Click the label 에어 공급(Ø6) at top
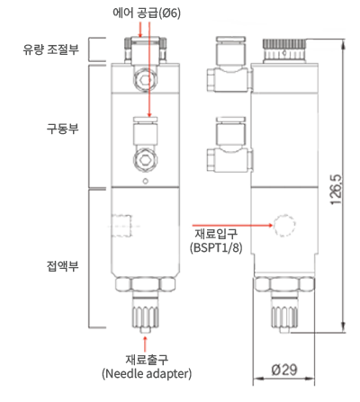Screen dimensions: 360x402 pyautogui.click(x=147, y=13)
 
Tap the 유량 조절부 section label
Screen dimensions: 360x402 pyautogui.click(x=50, y=49)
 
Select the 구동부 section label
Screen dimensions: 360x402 pyautogui.click(x=62, y=129)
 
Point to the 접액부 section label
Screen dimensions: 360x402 pyautogui.click(x=62, y=265)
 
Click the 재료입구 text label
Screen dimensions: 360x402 pyautogui.click(x=216, y=233)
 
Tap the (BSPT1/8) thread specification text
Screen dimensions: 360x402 pyautogui.click(x=216, y=247)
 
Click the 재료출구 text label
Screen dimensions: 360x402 pyautogui.click(x=147, y=360)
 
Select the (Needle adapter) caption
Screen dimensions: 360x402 pyautogui.click(x=147, y=373)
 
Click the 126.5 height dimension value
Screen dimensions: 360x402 pyautogui.click(x=337, y=190)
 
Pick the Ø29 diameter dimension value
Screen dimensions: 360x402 pyautogui.click(x=284, y=370)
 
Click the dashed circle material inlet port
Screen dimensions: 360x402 pyautogui.click(x=284, y=226)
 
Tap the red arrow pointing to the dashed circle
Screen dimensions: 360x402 pyautogui.click(x=232, y=225)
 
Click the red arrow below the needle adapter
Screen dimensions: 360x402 pyautogui.click(x=146, y=344)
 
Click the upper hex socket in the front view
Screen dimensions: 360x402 pyautogui.click(x=146, y=80)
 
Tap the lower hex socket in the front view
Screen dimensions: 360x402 pyautogui.click(x=146, y=159)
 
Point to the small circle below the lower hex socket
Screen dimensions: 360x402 pyautogui.click(x=146, y=181)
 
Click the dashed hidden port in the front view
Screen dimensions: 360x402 pyautogui.click(x=122, y=226)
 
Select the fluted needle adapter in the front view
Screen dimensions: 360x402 pyautogui.click(x=146, y=317)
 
